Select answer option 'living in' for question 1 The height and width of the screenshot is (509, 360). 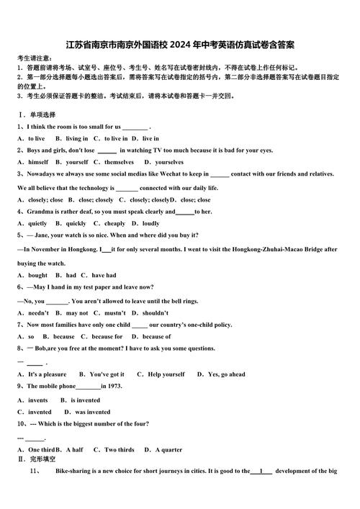pyautogui.click(x=77, y=138)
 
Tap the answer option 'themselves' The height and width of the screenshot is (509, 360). pyautogui.click(x=120, y=162)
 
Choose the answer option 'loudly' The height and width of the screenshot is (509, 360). pyautogui.click(x=151, y=224)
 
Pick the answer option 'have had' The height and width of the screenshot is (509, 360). pyautogui.click(x=104, y=275)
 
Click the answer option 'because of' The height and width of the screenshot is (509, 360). pyautogui.click(x=157, y=336)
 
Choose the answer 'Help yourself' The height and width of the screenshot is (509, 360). pyautogui.click(x=166, y=374)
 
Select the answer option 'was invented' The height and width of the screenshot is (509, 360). pyautogui.click(x=93, y=413)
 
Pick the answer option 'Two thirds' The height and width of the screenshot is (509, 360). pyautogui.click(x=120, y=450)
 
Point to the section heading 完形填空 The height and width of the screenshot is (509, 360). pyautogui.click(x=42, y=459)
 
